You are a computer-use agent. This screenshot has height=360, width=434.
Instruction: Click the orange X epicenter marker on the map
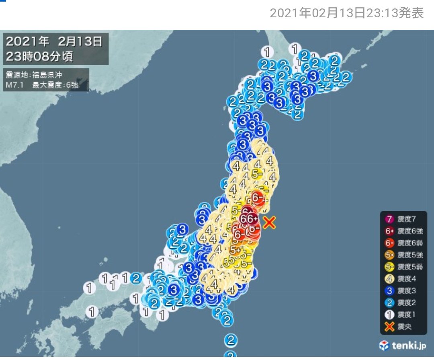(270, 222)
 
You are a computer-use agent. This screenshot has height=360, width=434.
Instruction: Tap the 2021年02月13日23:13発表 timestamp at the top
(346, 14)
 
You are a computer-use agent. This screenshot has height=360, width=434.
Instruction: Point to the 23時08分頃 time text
(39, 56)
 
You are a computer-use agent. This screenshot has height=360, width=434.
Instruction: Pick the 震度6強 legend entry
(403, 231)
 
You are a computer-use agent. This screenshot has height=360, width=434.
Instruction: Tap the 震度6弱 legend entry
(403, 243)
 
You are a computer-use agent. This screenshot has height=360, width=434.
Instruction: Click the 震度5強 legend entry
(403, 255)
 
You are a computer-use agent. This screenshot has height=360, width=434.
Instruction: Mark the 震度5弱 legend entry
(403, 266)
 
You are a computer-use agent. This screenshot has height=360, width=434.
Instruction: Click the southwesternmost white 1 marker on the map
(93, 312)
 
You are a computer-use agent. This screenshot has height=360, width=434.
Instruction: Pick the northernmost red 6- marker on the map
(257, 197)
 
